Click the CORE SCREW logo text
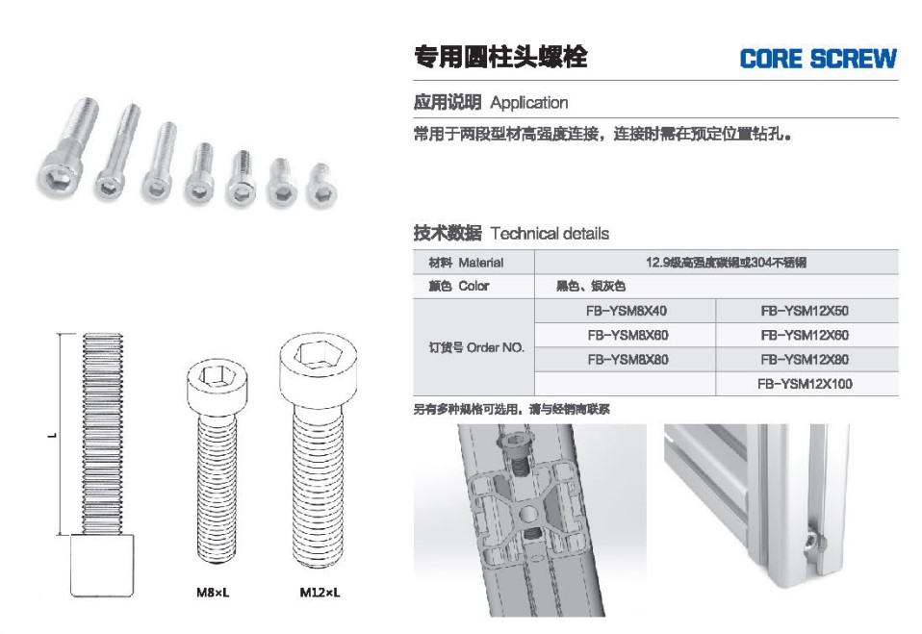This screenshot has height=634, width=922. pos(818,59)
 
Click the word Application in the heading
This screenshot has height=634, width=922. pos(529,103)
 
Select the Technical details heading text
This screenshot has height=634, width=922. pos(550,234)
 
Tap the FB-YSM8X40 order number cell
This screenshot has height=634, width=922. pos(627,311)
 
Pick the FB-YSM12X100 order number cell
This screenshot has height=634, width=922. pos(805,384)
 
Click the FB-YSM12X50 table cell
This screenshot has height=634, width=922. pos(805,311)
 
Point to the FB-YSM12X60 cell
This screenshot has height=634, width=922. pos(805,336)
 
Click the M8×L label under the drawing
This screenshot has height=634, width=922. pos(213,593)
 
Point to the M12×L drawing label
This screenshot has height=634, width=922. pos(320,593)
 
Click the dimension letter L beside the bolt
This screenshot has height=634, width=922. pos(53,436)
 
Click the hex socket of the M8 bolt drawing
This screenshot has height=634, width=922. pos(216,375)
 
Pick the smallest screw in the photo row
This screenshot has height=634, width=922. pos(321,185)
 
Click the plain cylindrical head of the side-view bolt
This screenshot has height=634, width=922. pos(102,566)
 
